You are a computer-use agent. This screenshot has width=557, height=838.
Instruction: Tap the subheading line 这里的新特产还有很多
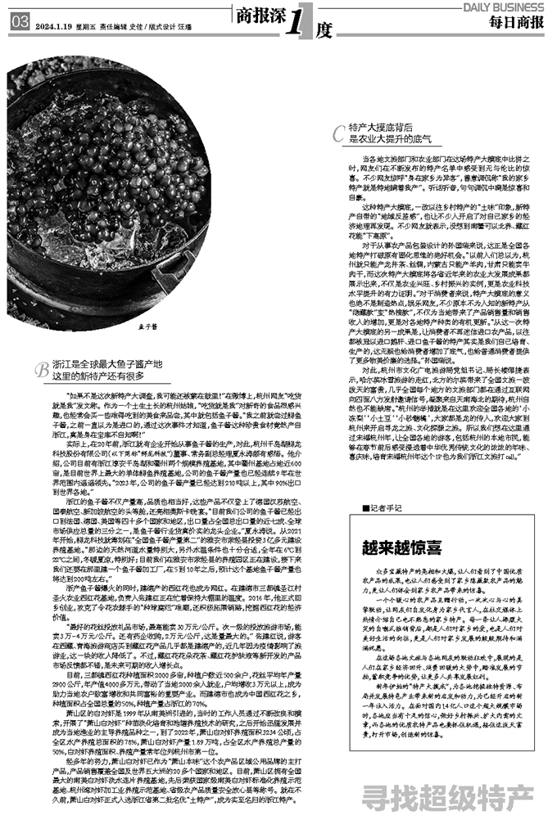coord(98,376)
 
